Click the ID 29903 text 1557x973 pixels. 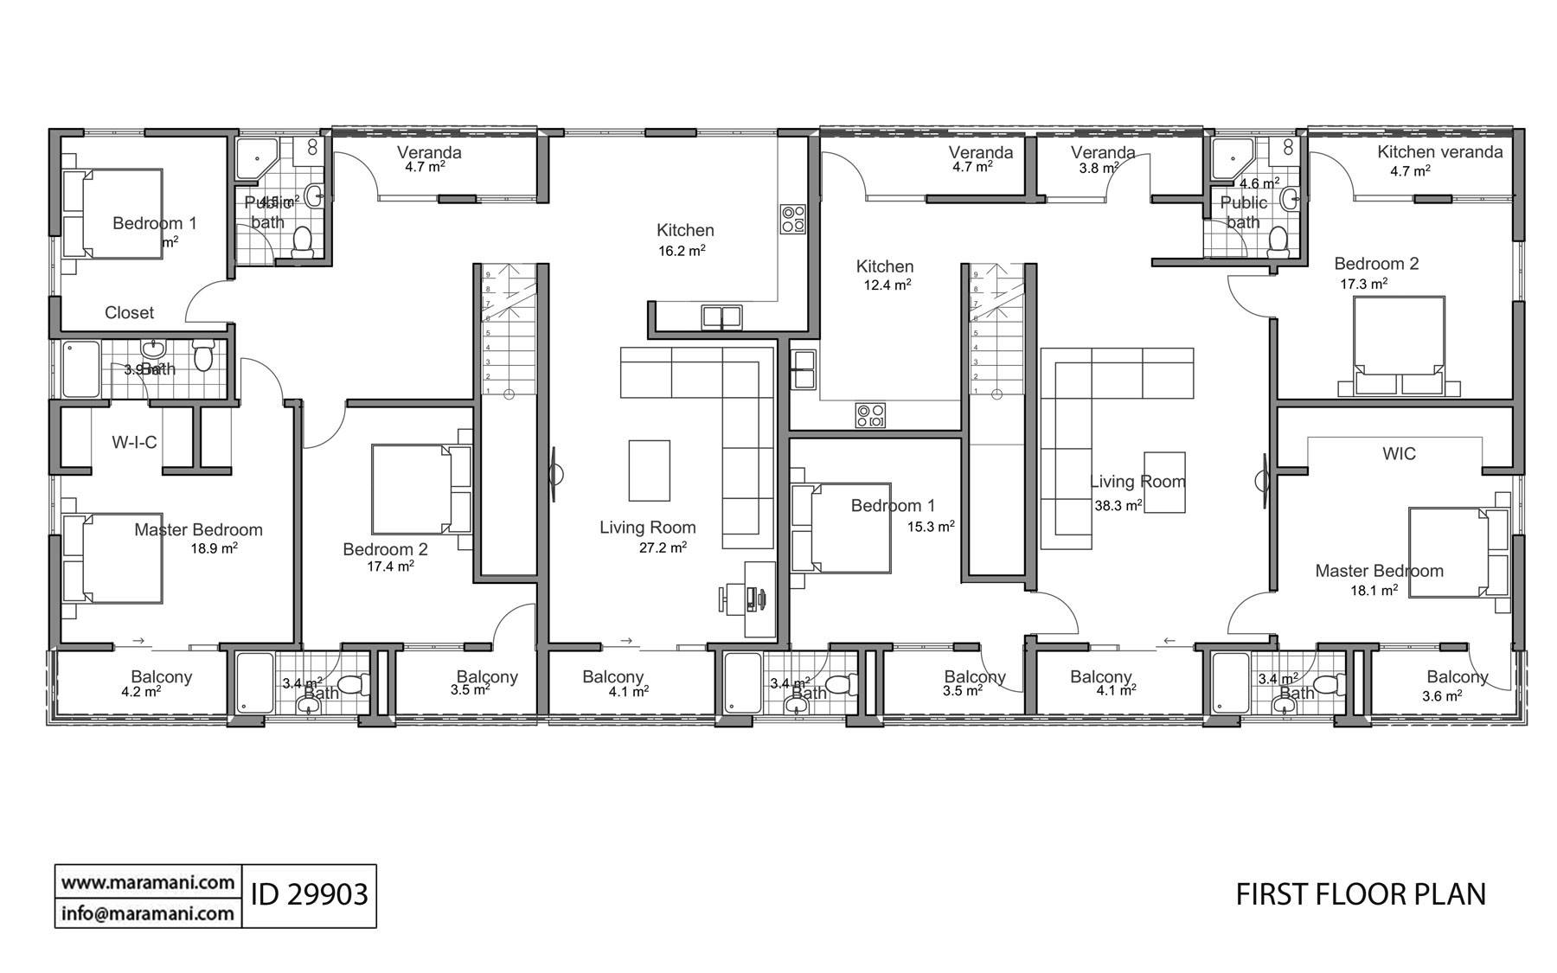pyautogui.click(x=309, y=894)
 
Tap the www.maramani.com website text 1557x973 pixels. pyautogui.click(x=148, y=882)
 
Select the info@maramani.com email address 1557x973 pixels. pyautogui.click(x=148, y=912)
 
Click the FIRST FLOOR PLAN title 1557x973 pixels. pyautogui.click(x=1361, y=894)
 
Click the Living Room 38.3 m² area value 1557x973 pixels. pyautogui.click(x=1118, y=506)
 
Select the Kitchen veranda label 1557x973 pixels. pyautogui.click(x=1439, y=152)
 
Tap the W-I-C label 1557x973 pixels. pyautogui.click(x=134, y=443)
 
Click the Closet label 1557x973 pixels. pyautogui.click(x=129, y=313)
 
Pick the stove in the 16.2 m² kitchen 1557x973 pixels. pyautogui.click(x=792, y=219)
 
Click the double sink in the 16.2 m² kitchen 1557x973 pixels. pyautogui.click(x=722, y=317)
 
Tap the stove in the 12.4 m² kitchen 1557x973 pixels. pyautogui.click(x=869, y=415)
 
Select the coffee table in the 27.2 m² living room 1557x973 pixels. pyautogui.click(x=649, y=470)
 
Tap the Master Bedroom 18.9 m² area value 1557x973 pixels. pyautogui.click(x=214, y=548)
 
